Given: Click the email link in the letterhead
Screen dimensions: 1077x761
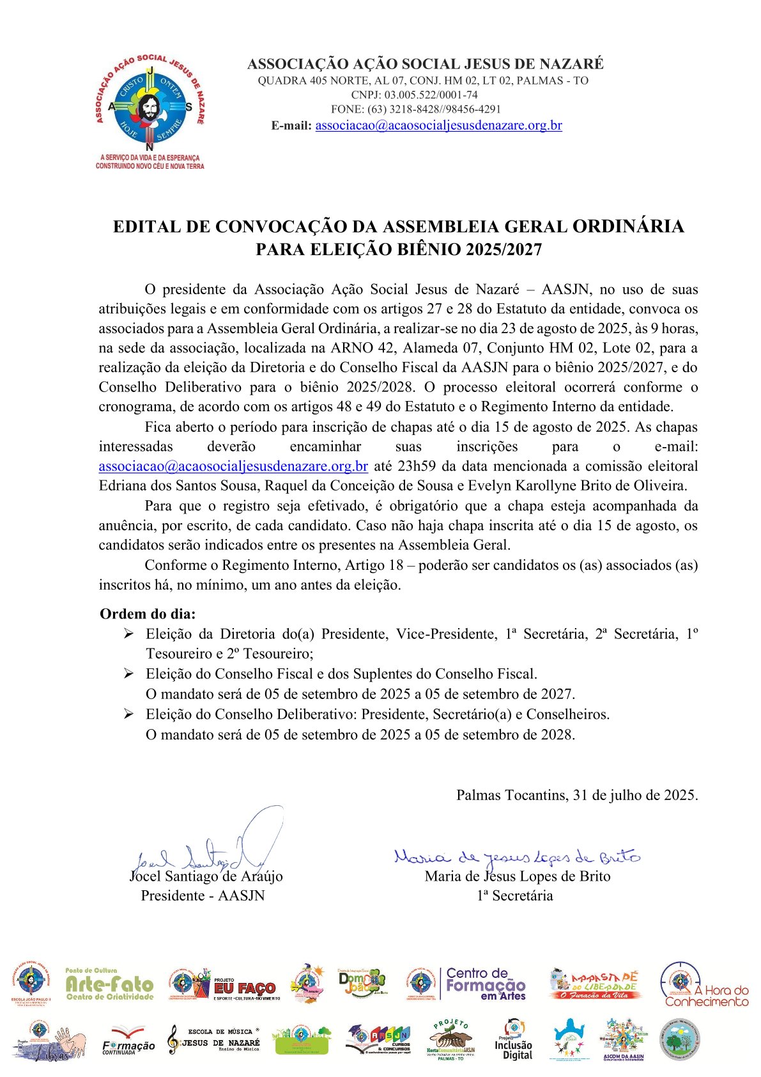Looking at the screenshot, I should tap(438, 125).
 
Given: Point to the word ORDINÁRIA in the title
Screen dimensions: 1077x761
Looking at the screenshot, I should tap(628, 226).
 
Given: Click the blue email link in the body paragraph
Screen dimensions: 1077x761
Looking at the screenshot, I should tap(233, 466).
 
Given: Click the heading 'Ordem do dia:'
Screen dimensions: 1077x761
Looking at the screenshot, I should tap(148, 614).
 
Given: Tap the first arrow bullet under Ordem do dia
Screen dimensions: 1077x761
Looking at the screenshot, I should tap(128, 634).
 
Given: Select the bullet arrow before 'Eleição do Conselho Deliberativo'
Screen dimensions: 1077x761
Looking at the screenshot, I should tap(128, 714).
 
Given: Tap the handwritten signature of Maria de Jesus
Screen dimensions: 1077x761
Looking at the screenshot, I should tap(516, 856).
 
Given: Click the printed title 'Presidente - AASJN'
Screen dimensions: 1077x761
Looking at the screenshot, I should tap(203, 895).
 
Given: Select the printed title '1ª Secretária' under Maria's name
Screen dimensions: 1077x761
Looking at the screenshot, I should tap(514, 895).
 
